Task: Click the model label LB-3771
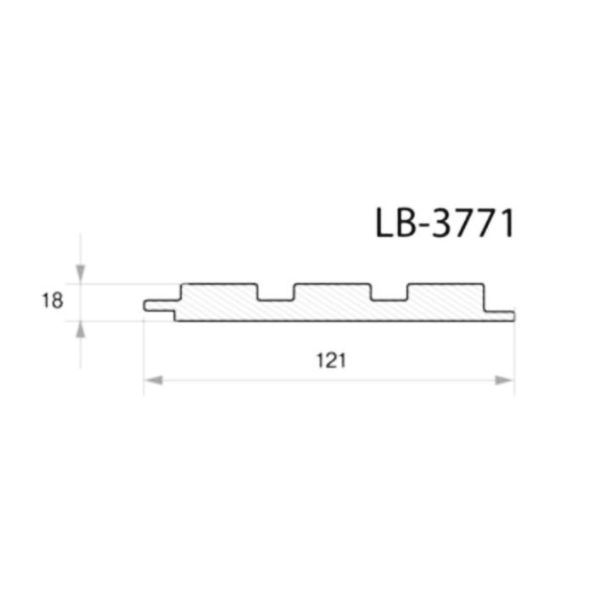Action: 445,223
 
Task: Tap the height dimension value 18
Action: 53,301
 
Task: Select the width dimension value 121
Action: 331,361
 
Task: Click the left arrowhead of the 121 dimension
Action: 154,380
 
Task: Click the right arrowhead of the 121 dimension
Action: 504,380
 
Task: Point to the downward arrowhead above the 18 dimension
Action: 81,274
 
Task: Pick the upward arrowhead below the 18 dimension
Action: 80,330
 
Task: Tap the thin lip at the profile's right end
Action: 500,316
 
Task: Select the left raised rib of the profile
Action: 219,292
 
